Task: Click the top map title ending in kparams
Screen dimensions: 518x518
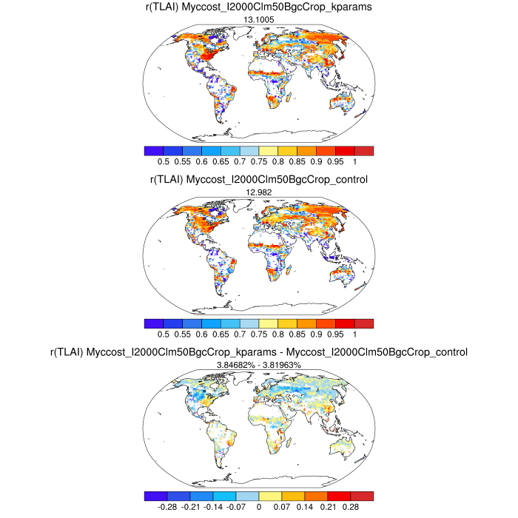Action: coord(258,8)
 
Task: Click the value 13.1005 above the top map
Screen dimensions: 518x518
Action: coord(259,21)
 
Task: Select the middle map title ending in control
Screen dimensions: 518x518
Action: coord(259,179)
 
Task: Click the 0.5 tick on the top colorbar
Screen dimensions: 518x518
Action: coord(164,161)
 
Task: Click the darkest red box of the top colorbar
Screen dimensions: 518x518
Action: coord(364,150)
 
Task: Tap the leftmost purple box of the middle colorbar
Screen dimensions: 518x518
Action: coord(154,323)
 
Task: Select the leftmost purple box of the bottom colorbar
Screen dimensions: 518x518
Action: coord(156,496)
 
